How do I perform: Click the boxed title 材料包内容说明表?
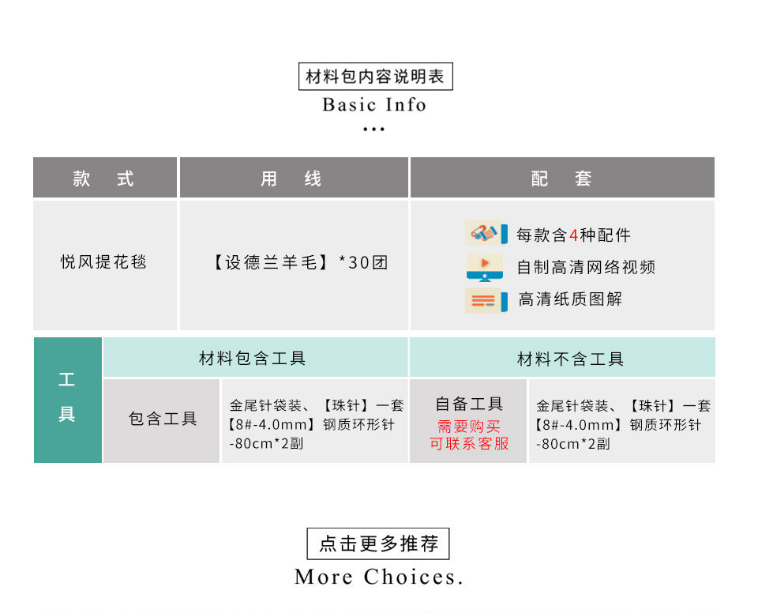[375, 77]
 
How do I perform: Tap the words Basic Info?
[374, 105]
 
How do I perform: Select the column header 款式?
[104, 179]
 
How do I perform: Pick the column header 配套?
[561, 179]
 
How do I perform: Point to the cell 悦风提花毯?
[104, 262]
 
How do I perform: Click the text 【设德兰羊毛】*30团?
[300, 262]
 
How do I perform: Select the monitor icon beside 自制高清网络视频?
[485, 267]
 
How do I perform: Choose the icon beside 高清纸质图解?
[485, 300]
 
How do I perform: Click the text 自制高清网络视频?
[586, 267]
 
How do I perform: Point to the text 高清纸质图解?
[570, 299]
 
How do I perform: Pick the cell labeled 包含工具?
[163, 419]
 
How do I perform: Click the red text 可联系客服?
[469, 444]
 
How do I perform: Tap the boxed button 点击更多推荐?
[378, 544]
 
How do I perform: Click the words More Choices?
[378, 577]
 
